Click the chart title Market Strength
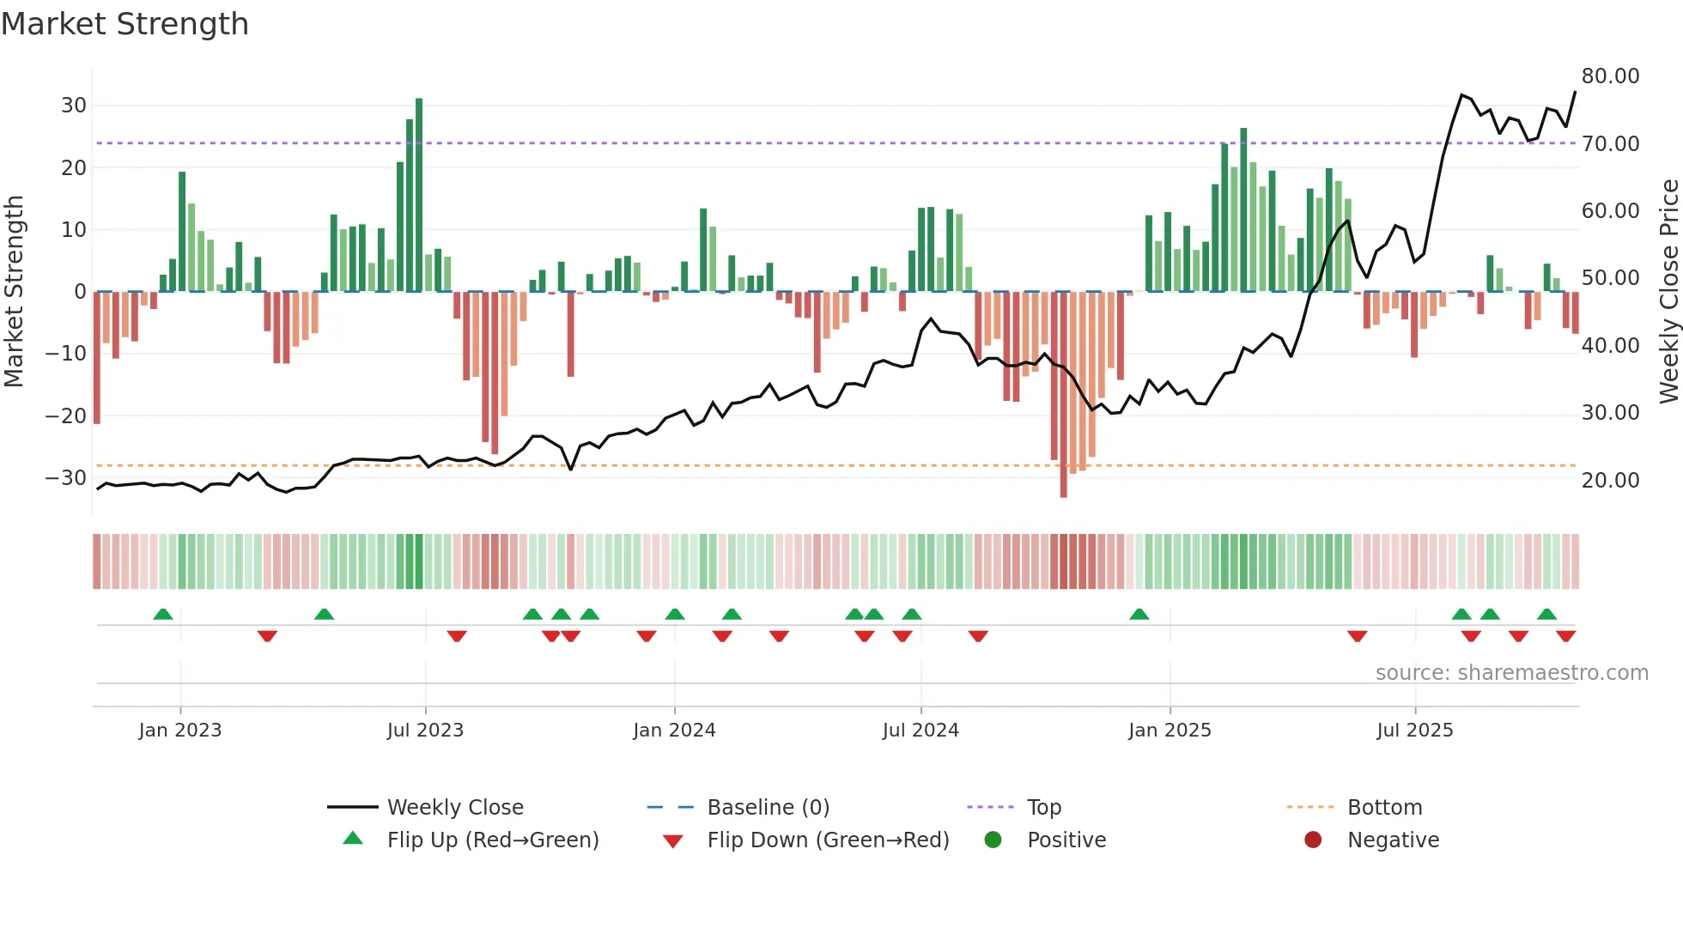pyautogui.click(x=125, y=24)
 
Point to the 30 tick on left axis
pyautogui.click(x=74, y=106)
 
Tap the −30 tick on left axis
pyautogui.click(x=66, y=478)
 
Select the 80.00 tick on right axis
pyautogui.click(x=1610, y=76)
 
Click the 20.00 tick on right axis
pyautogui.click(x=1610, y=481)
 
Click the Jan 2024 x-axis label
pyautogui.click(x=674, y=731)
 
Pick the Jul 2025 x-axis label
pyautogui.click(x=1414, y=731)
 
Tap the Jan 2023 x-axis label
pyautogui.click(x=180, y=731)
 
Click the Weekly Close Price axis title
pyautogui.click(x=1668, y=292)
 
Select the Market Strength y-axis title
pyautogui.click(x=15, y=292)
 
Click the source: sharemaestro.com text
pyautogui.click(x=1511, y=673)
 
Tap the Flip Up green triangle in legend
pyautogui.click(x=353, y=839)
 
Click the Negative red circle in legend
pyautogui.click(x=1313, y=840)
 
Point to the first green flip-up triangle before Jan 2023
pyautogui.click(x=163, y=614)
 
